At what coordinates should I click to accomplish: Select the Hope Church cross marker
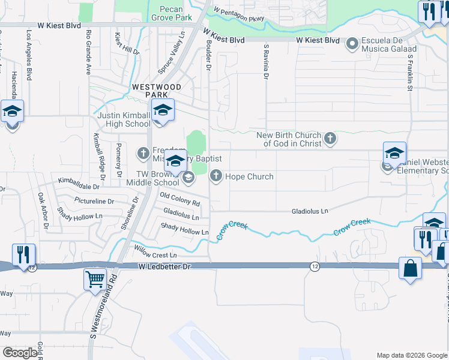215,176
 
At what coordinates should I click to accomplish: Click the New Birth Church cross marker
330,139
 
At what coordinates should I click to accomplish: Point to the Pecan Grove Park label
175,13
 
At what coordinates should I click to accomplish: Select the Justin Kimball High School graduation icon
162,110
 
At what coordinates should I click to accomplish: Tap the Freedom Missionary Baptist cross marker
143,154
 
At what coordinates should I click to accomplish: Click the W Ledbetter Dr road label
164,266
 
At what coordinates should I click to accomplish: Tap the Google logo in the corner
20,353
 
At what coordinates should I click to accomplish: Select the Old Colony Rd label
179,199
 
